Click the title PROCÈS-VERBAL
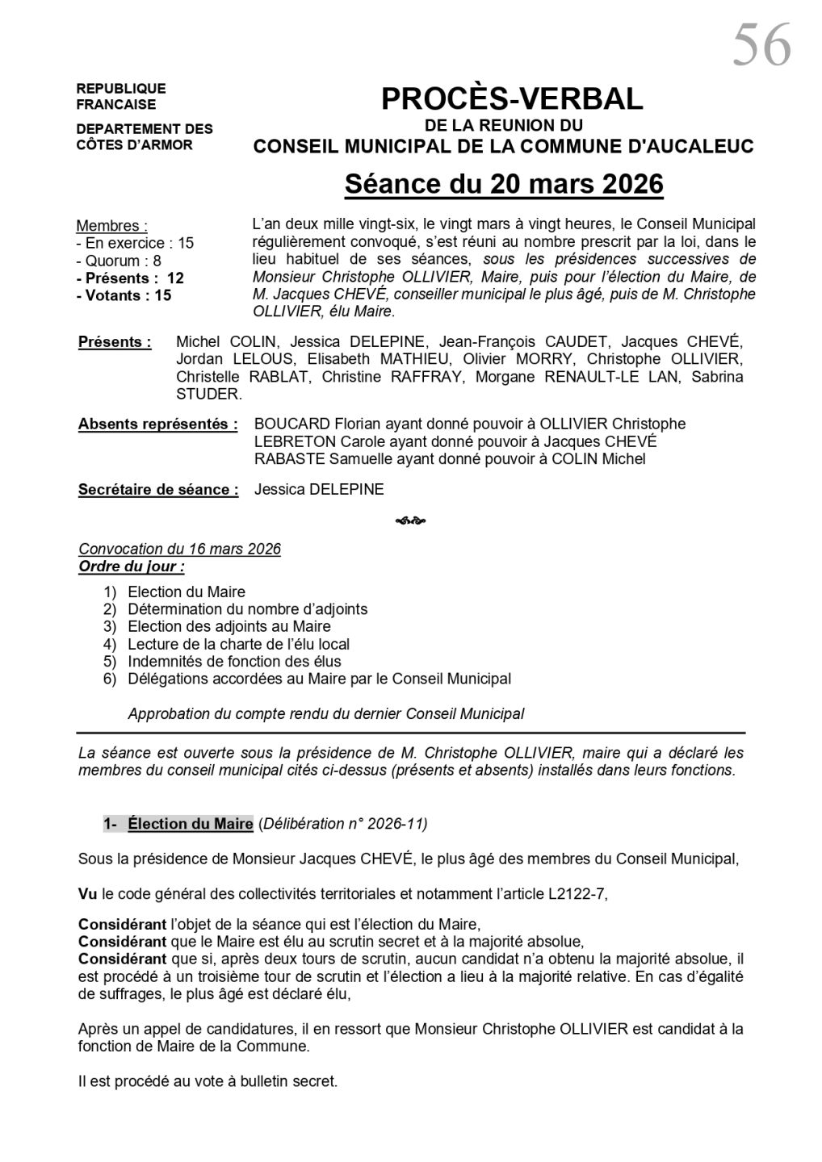tap(512, 99)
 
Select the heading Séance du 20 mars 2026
tap(504, 184)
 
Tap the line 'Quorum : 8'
tap(119, 261)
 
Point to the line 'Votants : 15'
tap(124, 295)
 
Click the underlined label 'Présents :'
tap(115, 342)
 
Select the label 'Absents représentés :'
tap(157, 424)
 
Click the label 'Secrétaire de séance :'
tap(158, 490)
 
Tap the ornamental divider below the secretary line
tap(411, 520)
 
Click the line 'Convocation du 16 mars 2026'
tap(179, 550)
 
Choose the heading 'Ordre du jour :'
tap(131, 566)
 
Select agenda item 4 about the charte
tap(238, 644)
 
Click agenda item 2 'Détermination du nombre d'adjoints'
tap(247, 609)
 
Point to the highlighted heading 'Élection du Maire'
tap(190, 824)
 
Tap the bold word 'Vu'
tap(87, 893)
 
